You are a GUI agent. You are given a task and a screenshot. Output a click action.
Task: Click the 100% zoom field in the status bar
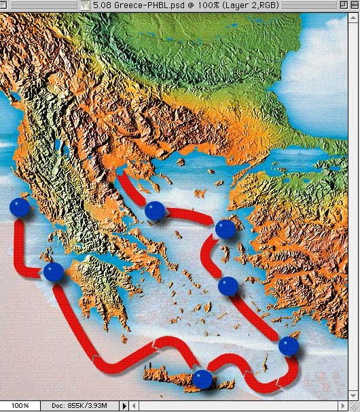click(x=20, y=406)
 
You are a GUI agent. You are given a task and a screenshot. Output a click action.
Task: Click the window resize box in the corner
click(x=354, y=406)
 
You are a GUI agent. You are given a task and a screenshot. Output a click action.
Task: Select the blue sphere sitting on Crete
click(x=202, y=379)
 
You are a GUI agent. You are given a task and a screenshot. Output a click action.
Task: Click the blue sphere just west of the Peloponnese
click(x=54, y=273)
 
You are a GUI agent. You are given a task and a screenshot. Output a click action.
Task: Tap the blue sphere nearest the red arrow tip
click(x=156, y=211)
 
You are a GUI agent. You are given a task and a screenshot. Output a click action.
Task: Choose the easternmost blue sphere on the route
click(x=289, y=346)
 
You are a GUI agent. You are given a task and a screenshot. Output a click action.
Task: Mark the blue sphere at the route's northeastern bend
click(x=225, y=229)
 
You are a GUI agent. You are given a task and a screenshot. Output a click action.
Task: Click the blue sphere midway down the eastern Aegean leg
click(x=228, y=287)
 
